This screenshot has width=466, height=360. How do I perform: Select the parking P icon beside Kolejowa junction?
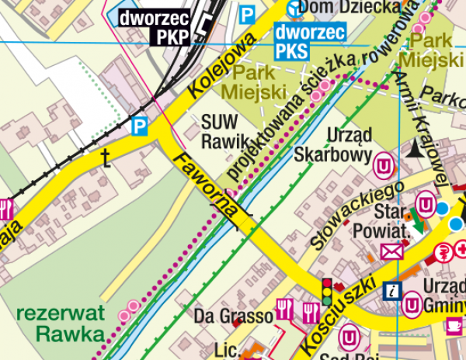[140, 125]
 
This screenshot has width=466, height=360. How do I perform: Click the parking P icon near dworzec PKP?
[247, 14]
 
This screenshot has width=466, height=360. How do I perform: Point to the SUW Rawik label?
[223, 131]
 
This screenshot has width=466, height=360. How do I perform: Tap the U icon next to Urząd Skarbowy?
[384, 165]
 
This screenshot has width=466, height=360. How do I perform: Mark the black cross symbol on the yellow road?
[106, 159]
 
